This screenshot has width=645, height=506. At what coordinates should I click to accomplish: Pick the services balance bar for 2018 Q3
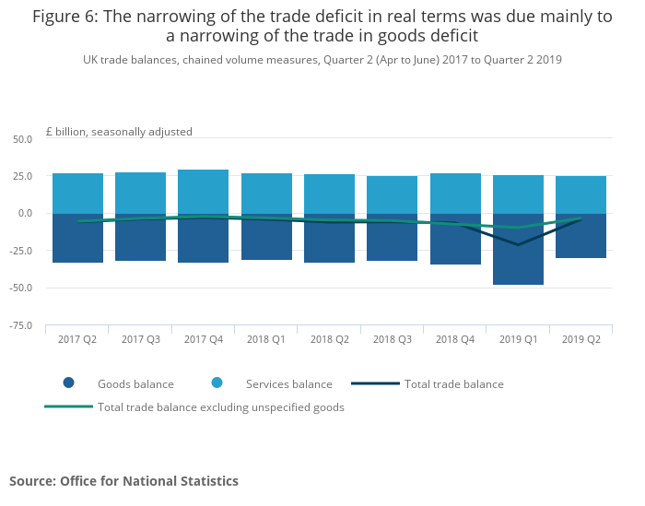point(392,194)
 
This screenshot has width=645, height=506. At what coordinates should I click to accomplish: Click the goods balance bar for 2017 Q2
point(77,242)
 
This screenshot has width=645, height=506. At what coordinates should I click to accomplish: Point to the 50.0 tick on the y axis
point(23,138)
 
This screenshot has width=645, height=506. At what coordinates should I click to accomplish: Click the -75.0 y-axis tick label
point(21,325)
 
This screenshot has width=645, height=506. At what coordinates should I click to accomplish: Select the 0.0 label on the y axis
point(26,213)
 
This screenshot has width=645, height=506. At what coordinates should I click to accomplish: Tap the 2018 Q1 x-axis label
point(266,340)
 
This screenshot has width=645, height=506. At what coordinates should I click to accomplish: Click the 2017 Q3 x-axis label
point(140,340)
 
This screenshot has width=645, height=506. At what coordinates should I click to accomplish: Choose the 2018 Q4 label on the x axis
point(455,340)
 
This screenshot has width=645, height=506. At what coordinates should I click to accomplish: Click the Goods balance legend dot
point(68,383)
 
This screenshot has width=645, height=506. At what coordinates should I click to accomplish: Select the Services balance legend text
point(288,384)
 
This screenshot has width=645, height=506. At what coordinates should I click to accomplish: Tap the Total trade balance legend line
point(375,383)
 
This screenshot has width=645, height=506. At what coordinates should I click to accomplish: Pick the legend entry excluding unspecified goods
point(220,407)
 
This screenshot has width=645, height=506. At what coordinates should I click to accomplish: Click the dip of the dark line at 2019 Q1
point(518,244)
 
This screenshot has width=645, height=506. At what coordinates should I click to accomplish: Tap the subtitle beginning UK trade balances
point(322,60)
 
